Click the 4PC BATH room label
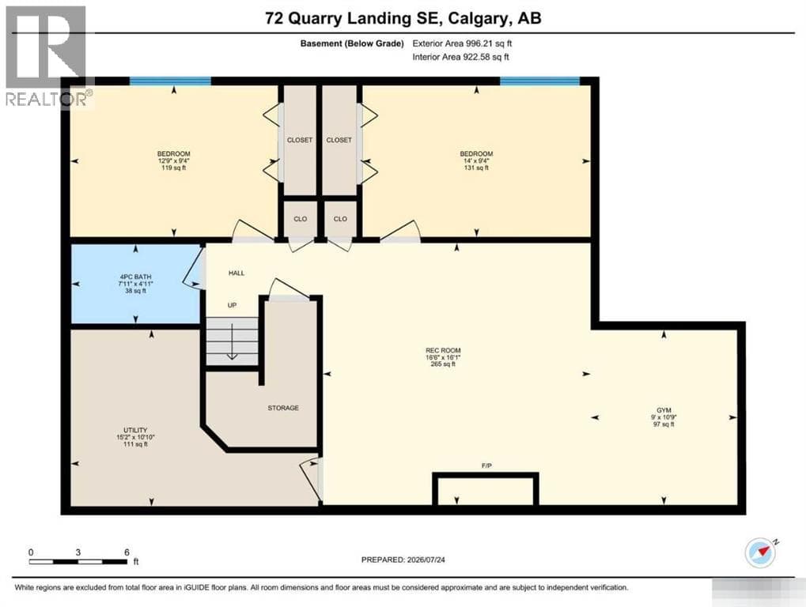136,277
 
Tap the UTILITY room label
135,430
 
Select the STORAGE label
283,408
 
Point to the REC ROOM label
443,350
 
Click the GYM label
664,410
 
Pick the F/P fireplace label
486,466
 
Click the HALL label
237,273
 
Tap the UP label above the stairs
233,305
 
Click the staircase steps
233,341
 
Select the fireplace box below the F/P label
486,488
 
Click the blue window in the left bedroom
170,81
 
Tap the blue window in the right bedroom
540,81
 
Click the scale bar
78,561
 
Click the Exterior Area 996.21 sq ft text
462,43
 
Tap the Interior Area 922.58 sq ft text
460,57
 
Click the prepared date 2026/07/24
425,560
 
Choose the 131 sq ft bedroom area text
476,168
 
